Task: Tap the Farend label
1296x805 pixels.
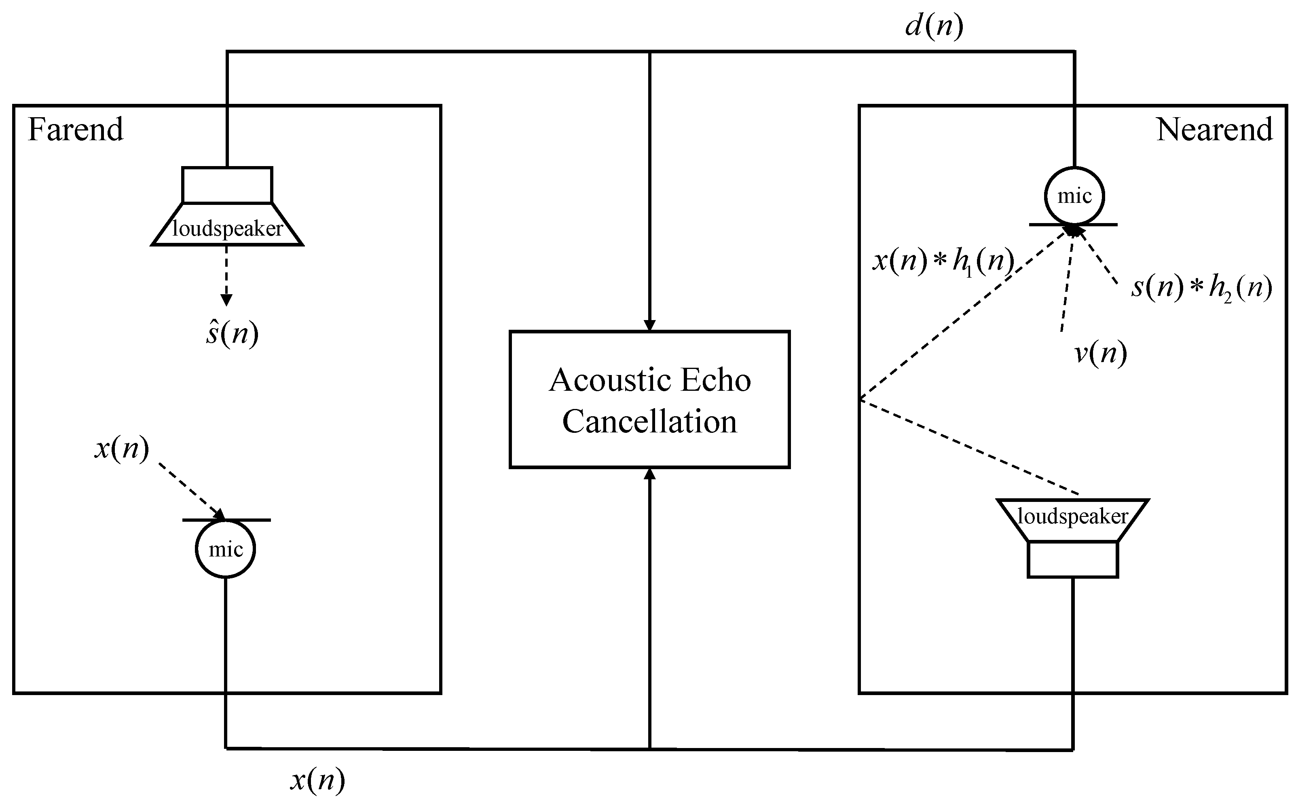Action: pos(75,129)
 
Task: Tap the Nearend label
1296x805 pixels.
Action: pos(1214,129)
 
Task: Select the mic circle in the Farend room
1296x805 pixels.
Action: pos(225,549)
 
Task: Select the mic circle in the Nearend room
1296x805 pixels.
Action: pos(1074,196)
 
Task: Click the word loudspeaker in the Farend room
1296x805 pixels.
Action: pos(227,229)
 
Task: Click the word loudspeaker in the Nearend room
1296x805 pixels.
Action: pos(1072,516)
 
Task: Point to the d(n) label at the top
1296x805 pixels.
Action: pos(934,25)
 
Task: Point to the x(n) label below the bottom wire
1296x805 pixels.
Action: pos(317,780)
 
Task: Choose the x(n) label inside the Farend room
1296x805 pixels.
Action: pos(121,448)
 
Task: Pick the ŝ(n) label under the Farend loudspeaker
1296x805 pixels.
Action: pos(232,334)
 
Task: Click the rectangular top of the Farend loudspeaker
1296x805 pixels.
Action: pos(227,185)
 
